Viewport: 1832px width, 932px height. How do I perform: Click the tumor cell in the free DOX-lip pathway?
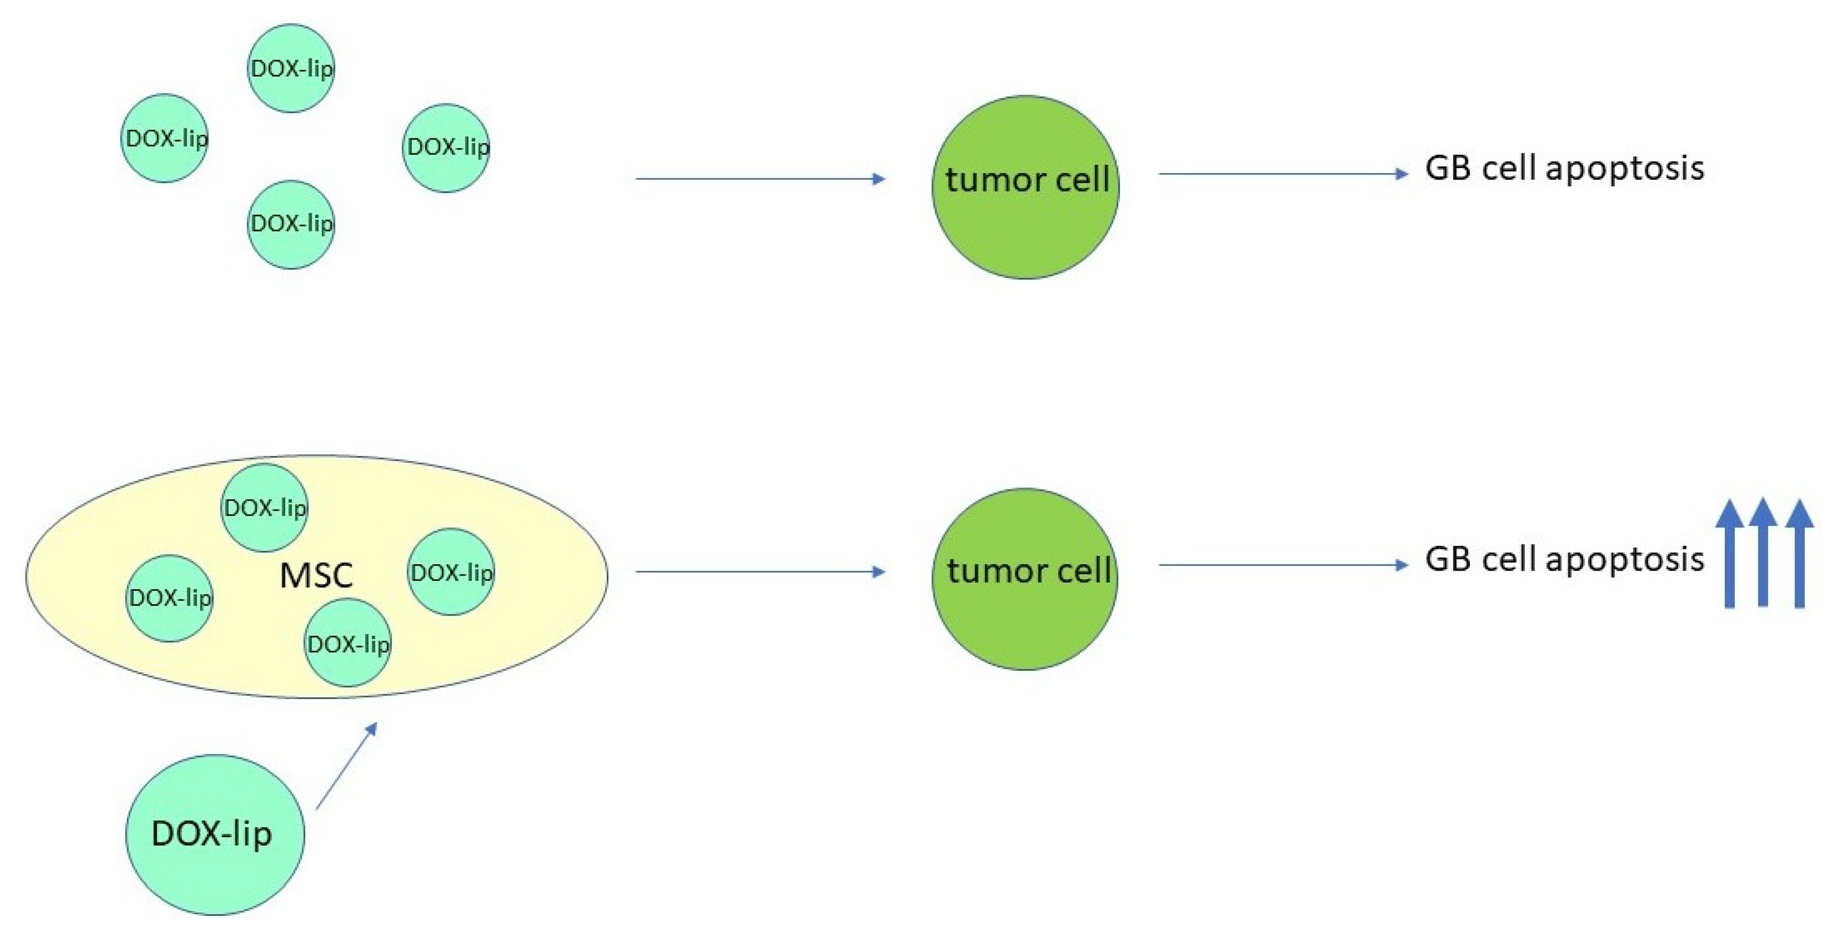pyautogui.click(x=1025, y=187)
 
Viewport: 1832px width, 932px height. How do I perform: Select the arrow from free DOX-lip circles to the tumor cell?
pyautogui.click(x=760, y=178)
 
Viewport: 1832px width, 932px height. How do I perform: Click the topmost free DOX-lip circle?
pyautogui.click(x=291, y=68)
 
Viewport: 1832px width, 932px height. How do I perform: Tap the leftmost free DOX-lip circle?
pyautogui.click(x=164, y=138)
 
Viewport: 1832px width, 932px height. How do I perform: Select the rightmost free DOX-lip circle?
pyautogui.click(x=446, y=148)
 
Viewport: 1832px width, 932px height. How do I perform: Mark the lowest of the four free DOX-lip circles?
pyautogui.click(x=291, y=224)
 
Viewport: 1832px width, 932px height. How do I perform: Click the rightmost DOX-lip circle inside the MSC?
pyautogui.click(x=451, y=572)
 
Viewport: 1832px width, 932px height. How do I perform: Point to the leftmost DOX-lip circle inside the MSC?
pyautogui.click(x=169, y=598)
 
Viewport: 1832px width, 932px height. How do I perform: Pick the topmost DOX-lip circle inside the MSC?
pyautogui.click(x=265, y=508)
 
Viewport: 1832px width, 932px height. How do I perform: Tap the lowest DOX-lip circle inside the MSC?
pyautogui.click(x=347, y=643)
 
